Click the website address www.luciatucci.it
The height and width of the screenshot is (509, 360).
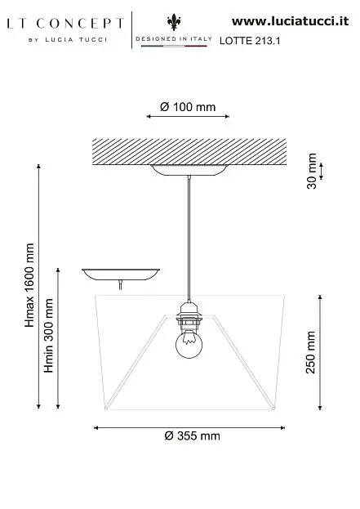291,21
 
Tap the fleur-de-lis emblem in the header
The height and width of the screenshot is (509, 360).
174,22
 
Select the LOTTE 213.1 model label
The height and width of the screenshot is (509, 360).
250,41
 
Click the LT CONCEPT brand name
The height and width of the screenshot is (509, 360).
65,24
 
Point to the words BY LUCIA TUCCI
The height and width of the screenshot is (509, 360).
68,40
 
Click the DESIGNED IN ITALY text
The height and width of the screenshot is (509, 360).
174,39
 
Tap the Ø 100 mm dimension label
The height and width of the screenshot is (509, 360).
188,107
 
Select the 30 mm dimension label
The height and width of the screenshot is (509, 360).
312,171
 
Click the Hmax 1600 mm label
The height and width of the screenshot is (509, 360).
29,285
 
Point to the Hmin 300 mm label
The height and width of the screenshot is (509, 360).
49,335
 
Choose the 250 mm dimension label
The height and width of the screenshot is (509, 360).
310,352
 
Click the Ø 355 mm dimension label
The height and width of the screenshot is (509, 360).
192,435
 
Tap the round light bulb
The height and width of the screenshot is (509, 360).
189,345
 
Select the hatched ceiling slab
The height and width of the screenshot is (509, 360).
189,152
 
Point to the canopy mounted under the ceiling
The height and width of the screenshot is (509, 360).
189,171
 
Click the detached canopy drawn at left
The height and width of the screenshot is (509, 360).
121,275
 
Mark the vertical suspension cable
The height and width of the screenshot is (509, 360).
189,239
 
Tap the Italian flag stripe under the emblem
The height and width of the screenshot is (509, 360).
174,46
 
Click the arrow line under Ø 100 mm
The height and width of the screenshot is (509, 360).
188,116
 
